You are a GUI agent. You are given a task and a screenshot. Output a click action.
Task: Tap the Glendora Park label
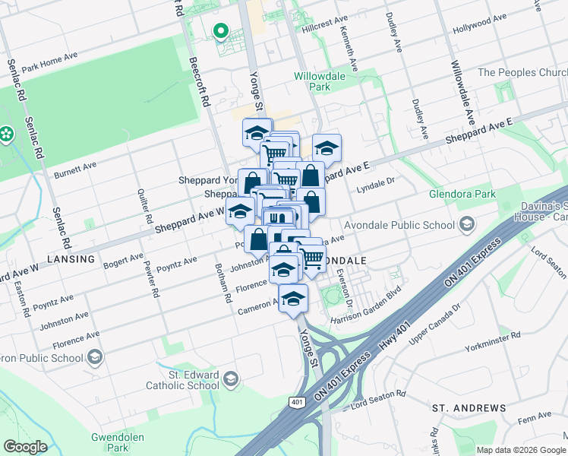pyautogui.click(x=462, y=195)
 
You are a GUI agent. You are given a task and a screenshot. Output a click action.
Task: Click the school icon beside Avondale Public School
pyautogui.click(x=467, y=223)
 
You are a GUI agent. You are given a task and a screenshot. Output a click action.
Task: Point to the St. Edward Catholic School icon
pyautogui.click(x=232, y=378)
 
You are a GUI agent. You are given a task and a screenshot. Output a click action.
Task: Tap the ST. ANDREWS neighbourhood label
pyautogui.click(x=469, y=408)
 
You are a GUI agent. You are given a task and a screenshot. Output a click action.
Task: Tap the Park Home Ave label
pyautogui.click(x=49, y=63)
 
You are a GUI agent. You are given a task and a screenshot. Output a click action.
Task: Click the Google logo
pyautogui.click(x=25, y=447)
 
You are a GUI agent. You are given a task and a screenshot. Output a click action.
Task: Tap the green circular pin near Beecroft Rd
pyautogui.click(x=221, y=32)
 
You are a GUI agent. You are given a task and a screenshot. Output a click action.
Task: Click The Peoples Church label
pyautogui.click(x=522, y=73)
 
